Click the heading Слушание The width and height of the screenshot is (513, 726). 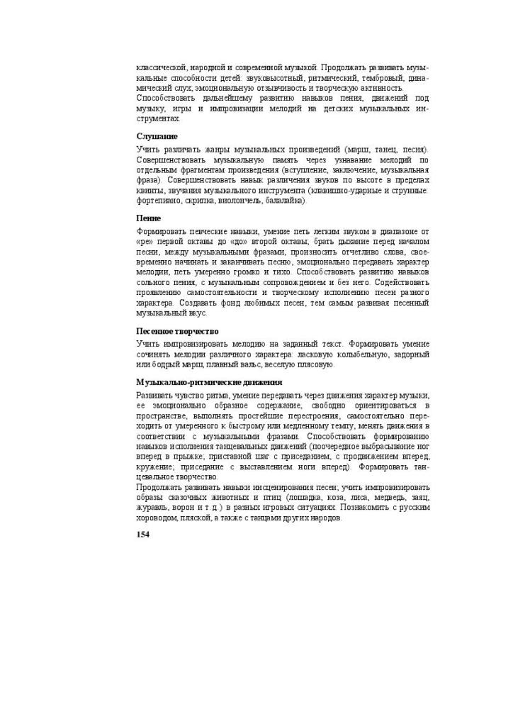point(157,135)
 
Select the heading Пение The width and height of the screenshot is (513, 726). point(149,218)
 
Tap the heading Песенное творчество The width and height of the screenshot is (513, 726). point(177,331)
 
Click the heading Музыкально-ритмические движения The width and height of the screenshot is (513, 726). point(199,382)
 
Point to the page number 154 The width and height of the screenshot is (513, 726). point(143,534)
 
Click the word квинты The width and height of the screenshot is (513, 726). point(150,191)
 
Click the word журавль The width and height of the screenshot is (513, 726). point(153,508)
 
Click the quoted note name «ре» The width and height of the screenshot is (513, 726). point(147,242)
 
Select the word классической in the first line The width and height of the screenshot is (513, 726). point(161,67)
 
